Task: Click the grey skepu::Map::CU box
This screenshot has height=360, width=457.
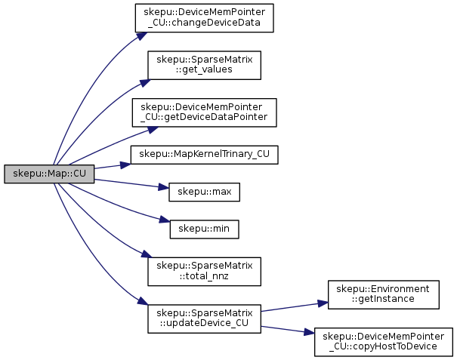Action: tap(49, 174)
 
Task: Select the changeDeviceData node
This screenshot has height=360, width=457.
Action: tap(204, 18)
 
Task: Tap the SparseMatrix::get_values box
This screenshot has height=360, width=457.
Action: tap(204, 65)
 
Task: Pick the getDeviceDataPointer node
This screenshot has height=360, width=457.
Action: tap(204, 112)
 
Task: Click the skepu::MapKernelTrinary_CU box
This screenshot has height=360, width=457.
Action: tap(204, 155)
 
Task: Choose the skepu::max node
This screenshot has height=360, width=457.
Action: tap(204, 192)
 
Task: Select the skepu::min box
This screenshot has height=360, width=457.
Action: tap(204, 229)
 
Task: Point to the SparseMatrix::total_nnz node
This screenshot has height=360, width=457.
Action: tap(204, 272)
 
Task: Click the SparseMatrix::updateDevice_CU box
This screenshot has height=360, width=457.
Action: tap(204, 319)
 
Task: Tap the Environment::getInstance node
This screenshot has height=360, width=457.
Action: tap(384, 295)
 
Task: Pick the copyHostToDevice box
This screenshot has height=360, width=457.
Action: tap(384, 342)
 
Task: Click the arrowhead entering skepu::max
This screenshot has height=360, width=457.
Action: tap(164, 188)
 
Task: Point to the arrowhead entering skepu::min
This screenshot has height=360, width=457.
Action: tap(165, 220)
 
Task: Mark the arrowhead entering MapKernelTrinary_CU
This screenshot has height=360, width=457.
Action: tap(125, 165)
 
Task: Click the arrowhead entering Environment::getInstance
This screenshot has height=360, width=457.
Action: tap(323, 303)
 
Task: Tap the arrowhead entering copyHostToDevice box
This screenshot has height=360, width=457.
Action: tap(310, 332)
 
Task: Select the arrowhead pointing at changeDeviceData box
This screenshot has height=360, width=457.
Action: tap(141, 35)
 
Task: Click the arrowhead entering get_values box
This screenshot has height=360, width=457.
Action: tap(145, 83)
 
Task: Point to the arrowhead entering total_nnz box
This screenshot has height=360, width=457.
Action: tap(147, 254)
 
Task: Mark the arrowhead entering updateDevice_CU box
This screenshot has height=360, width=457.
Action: tap(143, 301)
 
